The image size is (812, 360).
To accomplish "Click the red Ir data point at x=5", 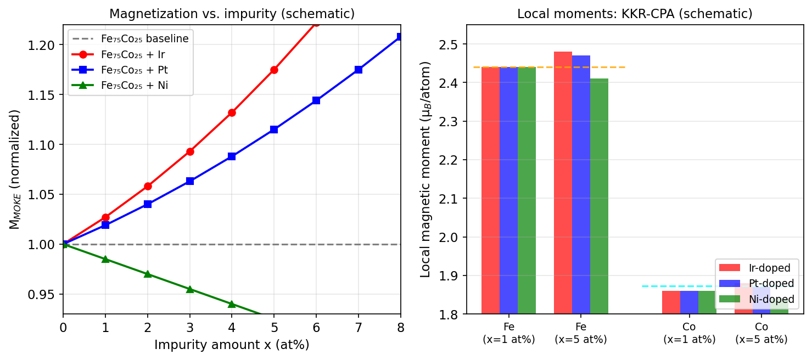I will pos(274,70).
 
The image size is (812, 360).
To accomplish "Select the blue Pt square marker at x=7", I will pos(359,70).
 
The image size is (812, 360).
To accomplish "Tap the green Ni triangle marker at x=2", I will pos(148,274).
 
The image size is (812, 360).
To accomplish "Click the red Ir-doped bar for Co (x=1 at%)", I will pos(671,302).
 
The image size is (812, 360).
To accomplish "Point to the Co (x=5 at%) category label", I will pos(761,333).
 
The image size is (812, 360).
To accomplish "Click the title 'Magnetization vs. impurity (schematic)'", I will pos(232,14).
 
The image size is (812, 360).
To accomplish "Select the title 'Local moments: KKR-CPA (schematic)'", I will pos(635,14).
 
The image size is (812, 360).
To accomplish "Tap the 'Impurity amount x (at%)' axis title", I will pos(232,345).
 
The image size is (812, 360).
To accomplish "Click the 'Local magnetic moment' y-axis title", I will pos(426,169).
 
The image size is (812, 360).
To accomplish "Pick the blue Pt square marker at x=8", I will pos(400,37).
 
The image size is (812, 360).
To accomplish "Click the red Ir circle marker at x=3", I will pos(190,151).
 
